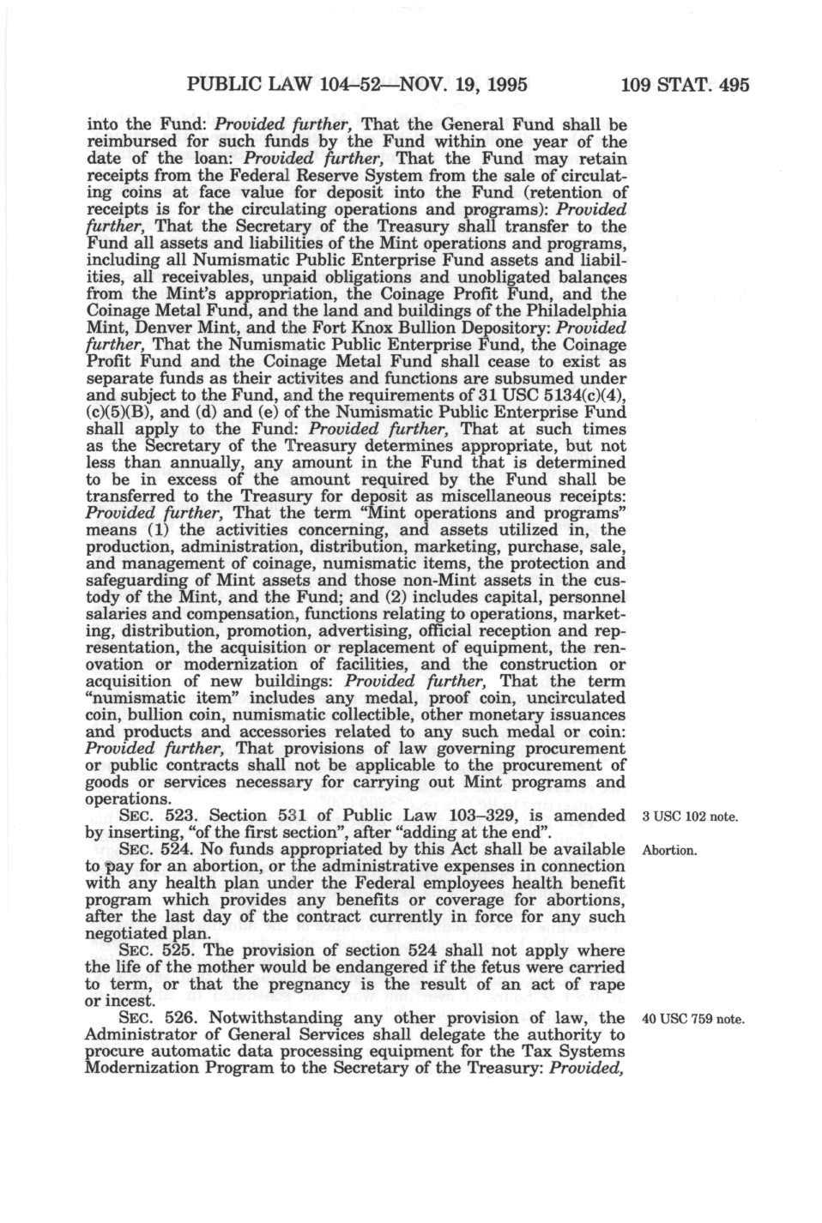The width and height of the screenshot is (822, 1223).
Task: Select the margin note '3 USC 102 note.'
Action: coord(690,816)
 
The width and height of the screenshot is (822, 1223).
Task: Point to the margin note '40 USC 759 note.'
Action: coord(690,1019)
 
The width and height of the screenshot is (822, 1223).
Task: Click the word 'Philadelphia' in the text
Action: coord(578,310)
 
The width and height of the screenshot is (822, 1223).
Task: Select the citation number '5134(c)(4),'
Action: coord(568,395)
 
